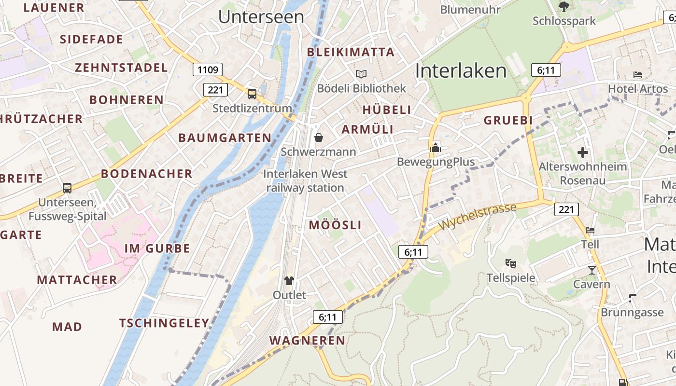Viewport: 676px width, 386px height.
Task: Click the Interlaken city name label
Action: tap(461, 71)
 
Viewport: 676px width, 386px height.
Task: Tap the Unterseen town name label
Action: tap(261, 17)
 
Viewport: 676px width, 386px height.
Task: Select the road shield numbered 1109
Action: tap(208, 70)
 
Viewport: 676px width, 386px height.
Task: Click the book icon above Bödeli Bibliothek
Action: tap(361, 74)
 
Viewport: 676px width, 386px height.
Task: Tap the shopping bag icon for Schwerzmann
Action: tap(319, 138)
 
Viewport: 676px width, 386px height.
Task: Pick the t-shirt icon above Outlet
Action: tap(289, 280)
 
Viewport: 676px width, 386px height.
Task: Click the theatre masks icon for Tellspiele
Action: tap(511, 263)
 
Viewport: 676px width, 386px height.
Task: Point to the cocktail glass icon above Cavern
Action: tap(592, 270)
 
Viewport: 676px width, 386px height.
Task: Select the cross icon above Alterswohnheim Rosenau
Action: tap(583, 152)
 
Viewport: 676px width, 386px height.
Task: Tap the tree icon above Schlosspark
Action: tap(563, 6)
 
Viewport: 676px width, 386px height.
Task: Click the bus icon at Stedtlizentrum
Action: tap(252, 94)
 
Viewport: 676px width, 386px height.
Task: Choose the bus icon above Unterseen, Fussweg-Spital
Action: tap(67, 188)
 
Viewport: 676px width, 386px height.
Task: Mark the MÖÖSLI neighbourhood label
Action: tap(335, 225)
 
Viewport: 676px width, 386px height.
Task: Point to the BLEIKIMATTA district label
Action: tap(351, 52)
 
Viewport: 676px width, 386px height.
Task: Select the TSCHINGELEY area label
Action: tap(164, 323)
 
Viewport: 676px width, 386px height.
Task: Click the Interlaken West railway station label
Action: tap(305, 180)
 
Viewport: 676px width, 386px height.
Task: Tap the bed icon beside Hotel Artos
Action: tap(638, 75)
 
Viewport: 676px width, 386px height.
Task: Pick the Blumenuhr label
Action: tap(469, 9)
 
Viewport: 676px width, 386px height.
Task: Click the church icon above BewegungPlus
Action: tap(436, 147)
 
